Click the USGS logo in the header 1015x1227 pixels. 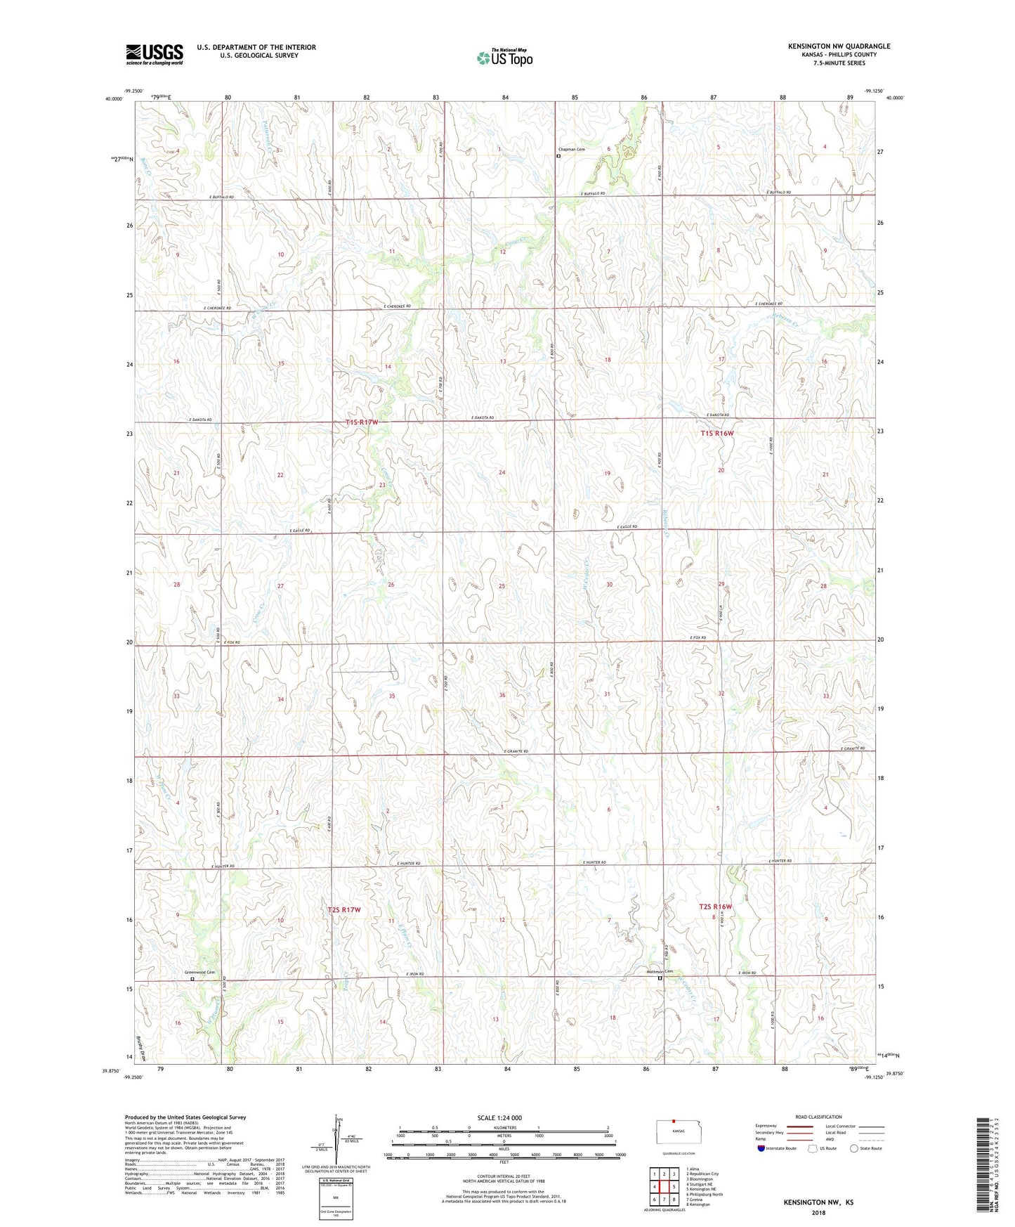[155, 53]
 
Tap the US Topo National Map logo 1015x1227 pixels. [504, 57]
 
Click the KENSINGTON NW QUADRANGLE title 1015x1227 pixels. [839, 46]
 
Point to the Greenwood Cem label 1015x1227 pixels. [199, 973]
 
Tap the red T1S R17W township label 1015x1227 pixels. [362, 422]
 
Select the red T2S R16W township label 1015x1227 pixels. [716, 907]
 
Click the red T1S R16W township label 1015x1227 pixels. [716, 434]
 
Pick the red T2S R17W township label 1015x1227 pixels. [344, 910]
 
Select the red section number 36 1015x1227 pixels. [502, 695]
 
